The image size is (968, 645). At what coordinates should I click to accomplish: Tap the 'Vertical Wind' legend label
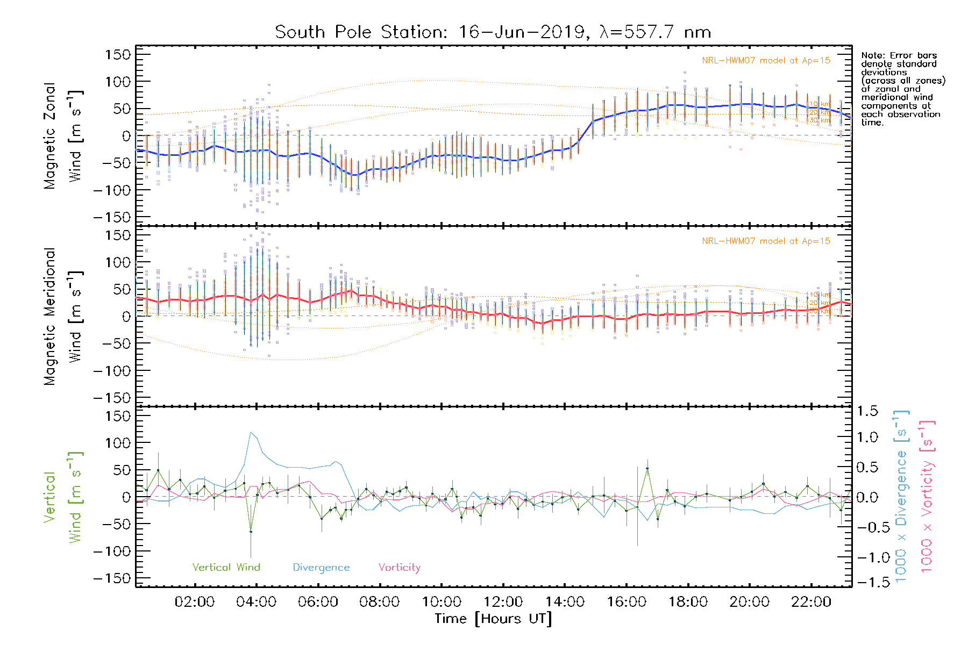(x=226, y=567)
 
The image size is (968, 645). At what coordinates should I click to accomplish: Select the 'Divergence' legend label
(x=321, y=567)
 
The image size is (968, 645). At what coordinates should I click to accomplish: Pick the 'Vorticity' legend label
(x=399, y=567)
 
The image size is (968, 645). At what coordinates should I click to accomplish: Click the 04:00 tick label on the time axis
(x=256, y=602)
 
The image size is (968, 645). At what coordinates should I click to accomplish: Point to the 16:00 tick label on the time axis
(x=626, y=602)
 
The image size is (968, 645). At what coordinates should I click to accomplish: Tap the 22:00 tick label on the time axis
(x=811, y=602)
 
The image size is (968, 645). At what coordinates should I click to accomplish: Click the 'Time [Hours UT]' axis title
(x=493, y=619)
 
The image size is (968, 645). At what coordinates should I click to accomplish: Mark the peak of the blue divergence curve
(x=251, y=432)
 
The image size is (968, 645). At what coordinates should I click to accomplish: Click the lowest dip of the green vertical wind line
(x=251, y=532)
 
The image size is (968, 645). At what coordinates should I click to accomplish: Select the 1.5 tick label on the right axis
(x=867, y=411)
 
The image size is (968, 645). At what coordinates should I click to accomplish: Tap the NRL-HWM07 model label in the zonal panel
(x=766, y=61)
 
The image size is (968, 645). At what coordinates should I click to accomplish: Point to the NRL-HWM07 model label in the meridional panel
(x=766, y=241)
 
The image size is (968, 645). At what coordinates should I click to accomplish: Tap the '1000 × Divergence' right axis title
(x=901, y=496)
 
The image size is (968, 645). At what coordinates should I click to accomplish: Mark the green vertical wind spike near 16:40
(x=647, y=469)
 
